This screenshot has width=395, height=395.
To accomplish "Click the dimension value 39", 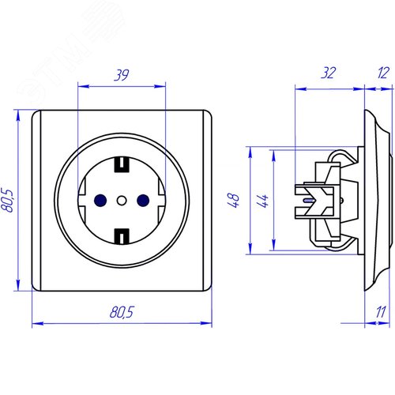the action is click(x=122, y=75).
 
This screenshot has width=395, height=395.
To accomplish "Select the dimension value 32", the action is click(x=329, y=73).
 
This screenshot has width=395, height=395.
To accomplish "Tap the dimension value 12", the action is click(x=383, y=73).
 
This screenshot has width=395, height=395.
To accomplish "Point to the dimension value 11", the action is click(x=381, y=312).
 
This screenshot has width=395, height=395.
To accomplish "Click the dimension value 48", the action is click(x=234, y=201).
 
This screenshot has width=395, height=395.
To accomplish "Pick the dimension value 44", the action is click(x=262, y=201).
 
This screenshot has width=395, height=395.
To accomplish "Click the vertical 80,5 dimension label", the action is click(x=7, y=200).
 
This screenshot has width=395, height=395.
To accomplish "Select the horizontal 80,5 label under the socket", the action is click(x=122, y=312).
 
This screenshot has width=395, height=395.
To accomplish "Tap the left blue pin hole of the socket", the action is click(x=100, y=201).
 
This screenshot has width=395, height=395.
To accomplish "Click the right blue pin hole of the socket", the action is click(x=143, y=201).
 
